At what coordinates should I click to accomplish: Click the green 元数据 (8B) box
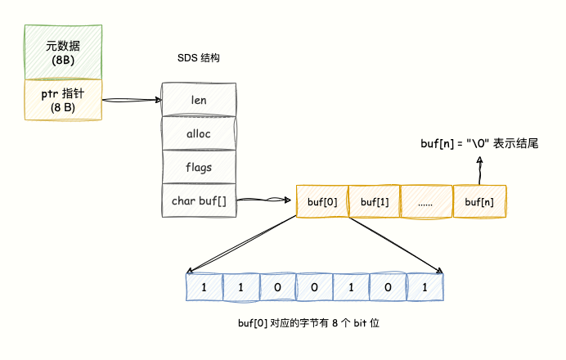point(63,52)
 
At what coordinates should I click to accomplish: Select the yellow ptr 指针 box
point(63,100)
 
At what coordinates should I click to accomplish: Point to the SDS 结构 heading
point(198,59)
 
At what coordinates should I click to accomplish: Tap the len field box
point(198,100)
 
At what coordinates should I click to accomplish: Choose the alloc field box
point(198,133)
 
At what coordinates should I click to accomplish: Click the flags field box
point(198,167)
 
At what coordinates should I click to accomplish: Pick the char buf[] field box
point(198,200)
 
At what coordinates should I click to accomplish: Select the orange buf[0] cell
point(322,201)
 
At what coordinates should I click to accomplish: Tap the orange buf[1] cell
point(375,201)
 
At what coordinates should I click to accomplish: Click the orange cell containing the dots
point(426,201)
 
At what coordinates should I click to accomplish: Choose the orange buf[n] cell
point(479,201)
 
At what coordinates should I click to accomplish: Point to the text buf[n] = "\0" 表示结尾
point(478,143)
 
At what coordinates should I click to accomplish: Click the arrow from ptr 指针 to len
point(132,100)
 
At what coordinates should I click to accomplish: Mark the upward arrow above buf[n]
point(479,170)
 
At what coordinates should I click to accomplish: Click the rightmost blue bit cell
point(424,288)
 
